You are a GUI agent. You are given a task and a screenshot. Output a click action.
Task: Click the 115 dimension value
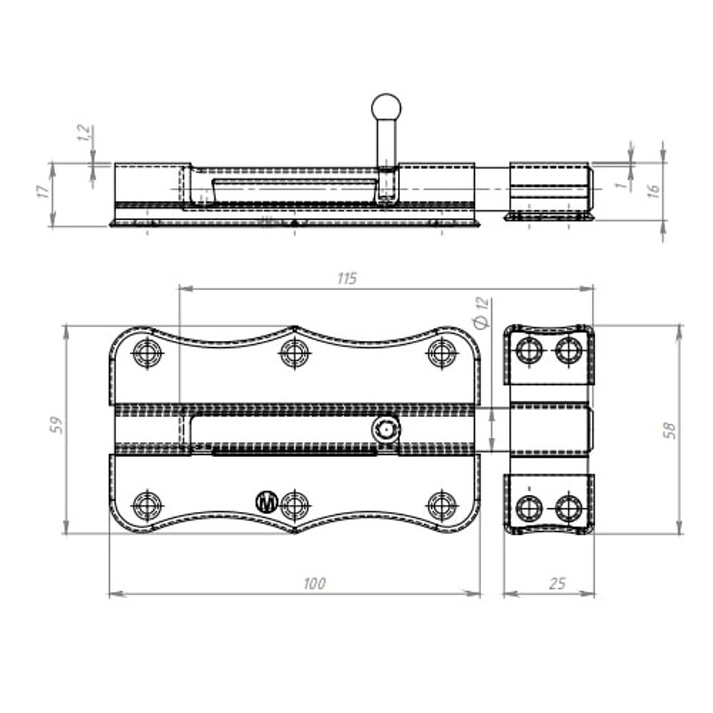[347, 278]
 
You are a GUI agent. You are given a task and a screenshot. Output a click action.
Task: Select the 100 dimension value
[314, 583]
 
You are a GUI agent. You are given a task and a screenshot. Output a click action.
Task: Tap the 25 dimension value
[558, 583]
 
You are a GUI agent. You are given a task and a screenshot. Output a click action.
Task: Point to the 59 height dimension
[56, 425]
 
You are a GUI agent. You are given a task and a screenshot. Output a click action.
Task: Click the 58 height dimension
[670, 430]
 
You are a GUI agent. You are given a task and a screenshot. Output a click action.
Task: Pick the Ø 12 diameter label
[481, 313]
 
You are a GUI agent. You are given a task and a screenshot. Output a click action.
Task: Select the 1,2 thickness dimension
[84, 133]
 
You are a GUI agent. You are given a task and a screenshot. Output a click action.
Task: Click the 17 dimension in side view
[43, 191]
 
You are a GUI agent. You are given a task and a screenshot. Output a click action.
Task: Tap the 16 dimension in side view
[653, 190]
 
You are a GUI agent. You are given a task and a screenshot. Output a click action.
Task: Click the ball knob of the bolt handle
[386, 108]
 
